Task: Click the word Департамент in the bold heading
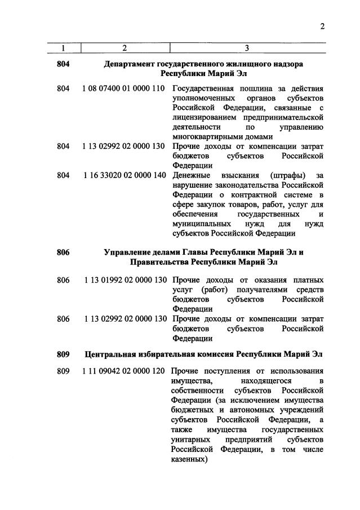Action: tap(130, 64)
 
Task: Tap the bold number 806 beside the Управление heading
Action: tap(63, 252)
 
